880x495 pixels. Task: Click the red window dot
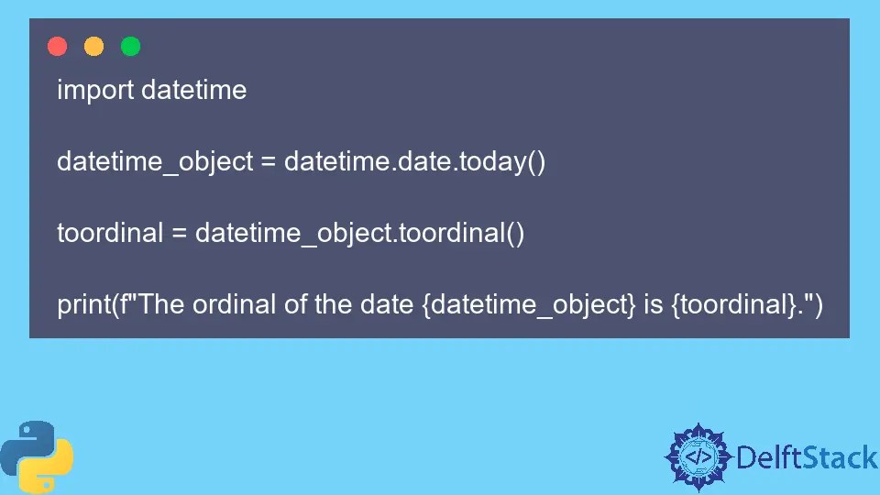point(57,46)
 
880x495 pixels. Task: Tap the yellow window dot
point(93,46)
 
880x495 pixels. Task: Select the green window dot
point(130,46)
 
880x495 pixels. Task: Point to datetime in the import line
point(193,90)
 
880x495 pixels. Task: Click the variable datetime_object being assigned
point(155,162)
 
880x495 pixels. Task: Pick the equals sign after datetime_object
point(268,162)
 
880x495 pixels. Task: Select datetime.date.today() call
point(414,162)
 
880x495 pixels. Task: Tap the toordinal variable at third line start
point(110,233)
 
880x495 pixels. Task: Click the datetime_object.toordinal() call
point(359,233)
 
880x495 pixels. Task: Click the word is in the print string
point(653,304)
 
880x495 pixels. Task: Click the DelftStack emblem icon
point(698,456)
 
